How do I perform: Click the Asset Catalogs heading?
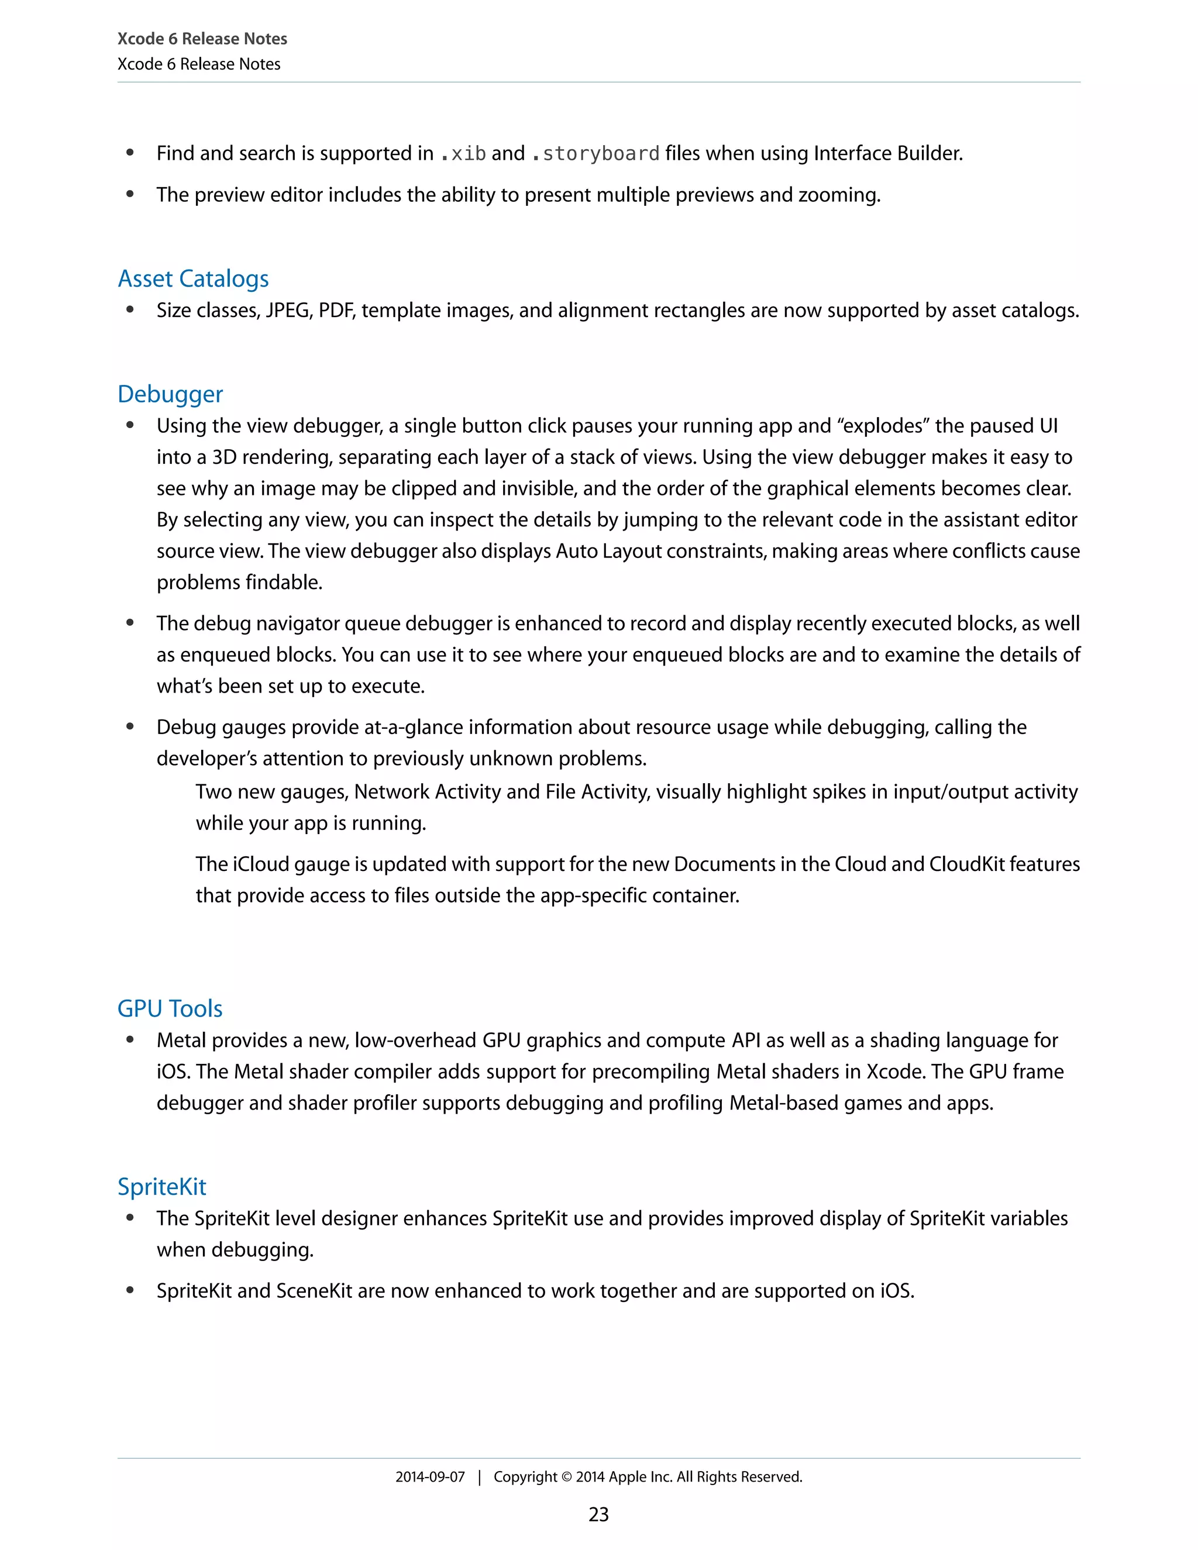pos(193,279)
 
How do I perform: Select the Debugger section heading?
pos(170,394)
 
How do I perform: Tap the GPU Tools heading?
pos(170,1008)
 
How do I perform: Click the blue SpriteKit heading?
pos(162,1187)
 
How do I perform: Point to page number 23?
pos(598,1514)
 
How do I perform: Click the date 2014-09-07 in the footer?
pos(430,1477)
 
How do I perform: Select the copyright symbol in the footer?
pos(566,1477)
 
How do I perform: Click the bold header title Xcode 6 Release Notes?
pos(202,39)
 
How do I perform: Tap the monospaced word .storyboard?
pos(595,154)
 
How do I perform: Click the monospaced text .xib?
pos(463,154)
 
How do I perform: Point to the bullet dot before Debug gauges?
pos(130,726)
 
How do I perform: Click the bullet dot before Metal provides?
pos(130,1040)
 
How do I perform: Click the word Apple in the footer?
pos(628,1477)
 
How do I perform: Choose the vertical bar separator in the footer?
pos(480,1477)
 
